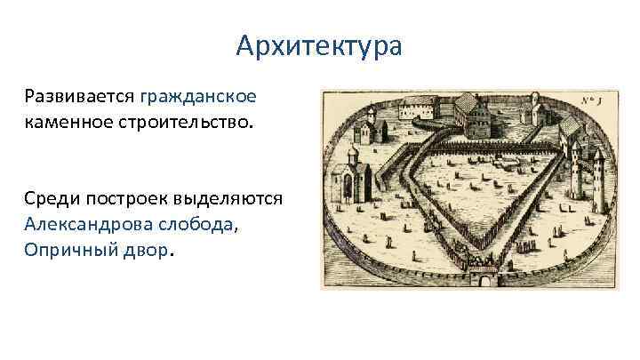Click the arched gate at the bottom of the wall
tap(485, 277)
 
